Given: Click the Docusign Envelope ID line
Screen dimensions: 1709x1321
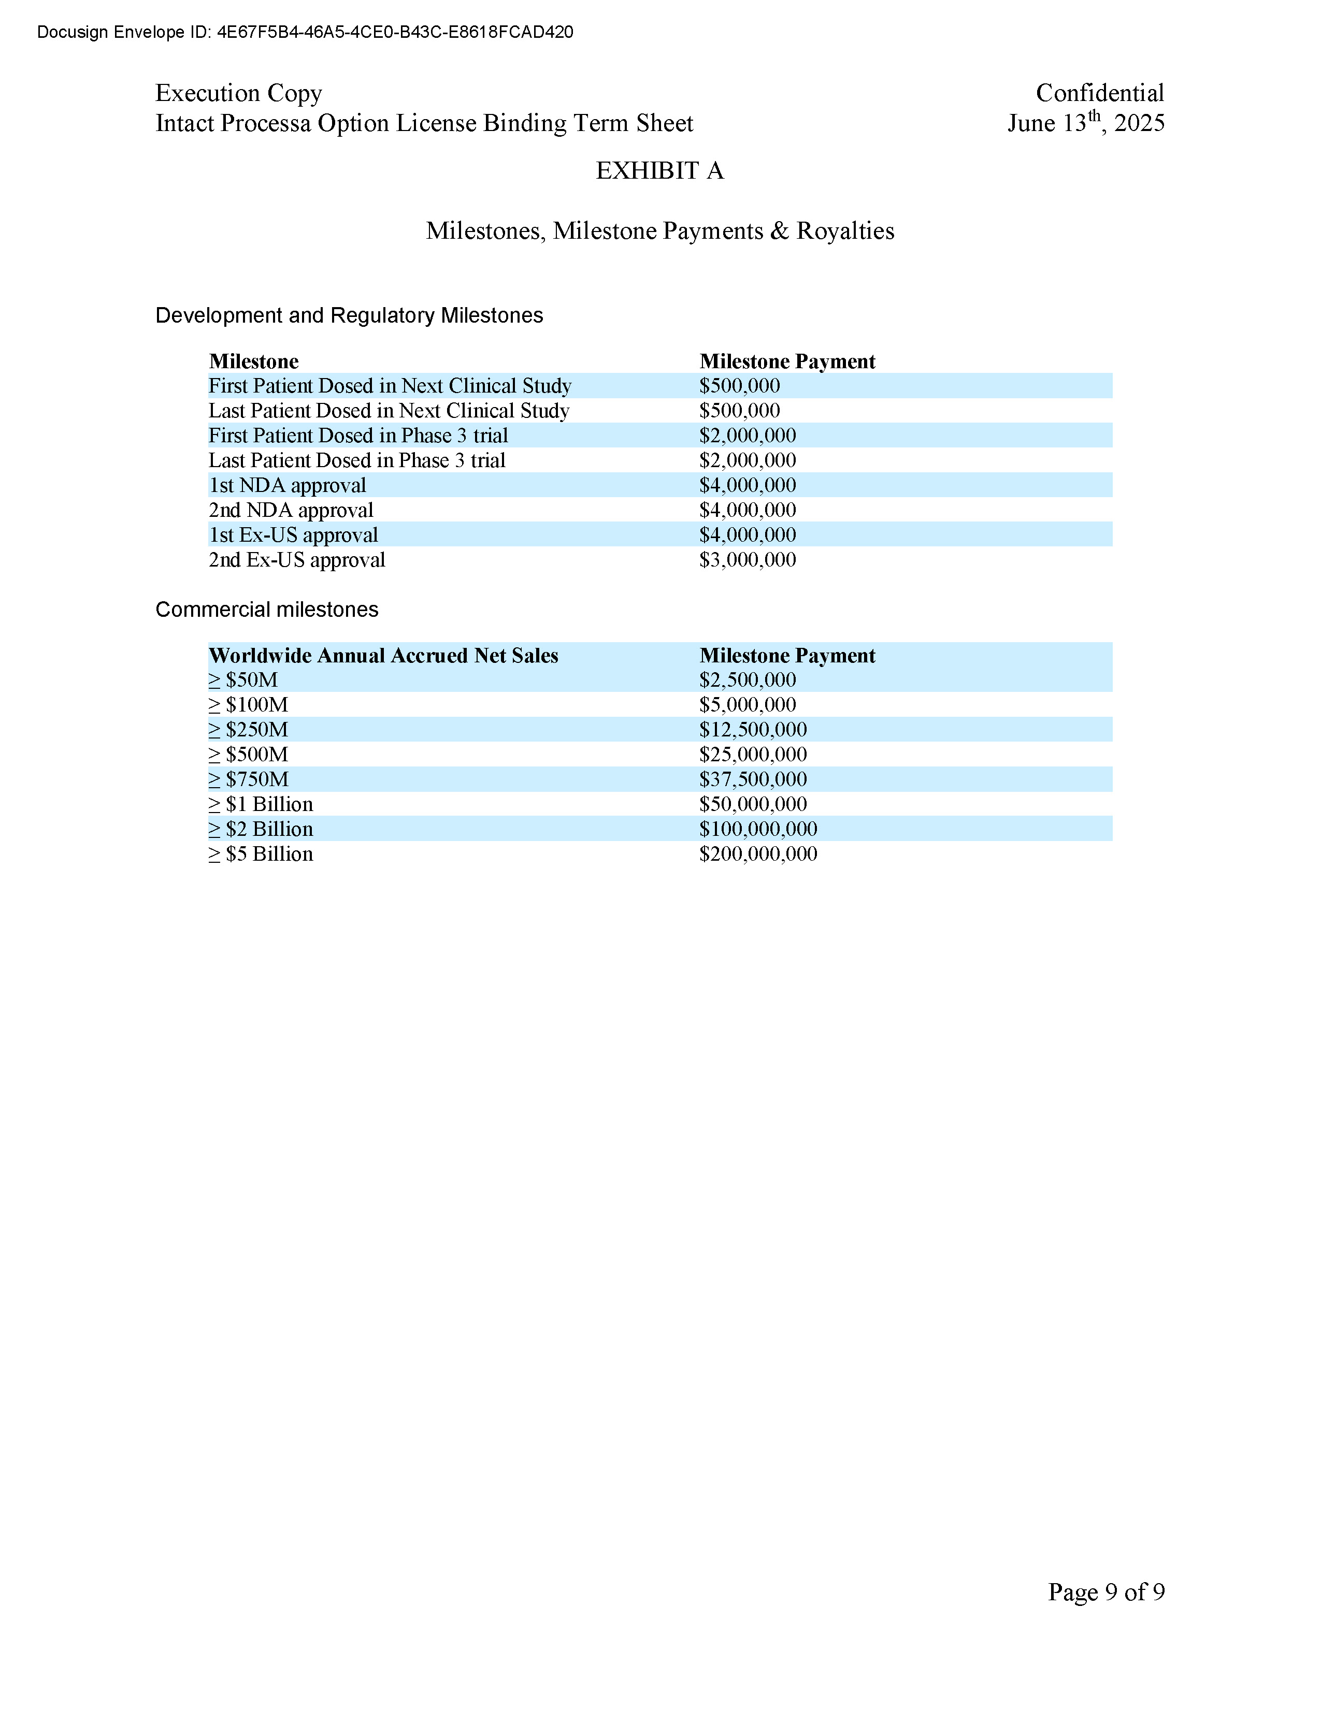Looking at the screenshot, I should pyautogui.click(x=305, y=32).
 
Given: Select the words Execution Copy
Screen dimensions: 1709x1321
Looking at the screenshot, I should pyautogui.click(x=239, y=93).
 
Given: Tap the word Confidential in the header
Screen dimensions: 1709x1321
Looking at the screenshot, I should pyautogui.click(x=1099, y=93).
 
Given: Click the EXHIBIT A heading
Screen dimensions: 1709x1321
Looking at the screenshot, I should pyautogui.click(x=659, y=170).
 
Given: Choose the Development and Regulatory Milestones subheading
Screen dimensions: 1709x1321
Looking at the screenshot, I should pyautogui.click(x=349, y=315).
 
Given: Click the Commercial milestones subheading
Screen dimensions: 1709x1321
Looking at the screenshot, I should pyautogui.click(x=267, y=610).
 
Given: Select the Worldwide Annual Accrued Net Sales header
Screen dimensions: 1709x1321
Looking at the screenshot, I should pyautogui.click(x=383, y=656).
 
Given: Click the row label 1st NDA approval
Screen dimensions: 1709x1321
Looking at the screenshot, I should pyautogui.click(x=287, y=485).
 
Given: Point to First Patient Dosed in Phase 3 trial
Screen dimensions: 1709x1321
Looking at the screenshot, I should pyautogui.click(x=357, y=436).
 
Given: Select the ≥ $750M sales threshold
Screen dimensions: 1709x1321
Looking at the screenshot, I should pyautogui.click(x=249, y=779).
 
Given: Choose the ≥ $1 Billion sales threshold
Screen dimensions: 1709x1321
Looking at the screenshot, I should pyautogui.click(x=261, y=804).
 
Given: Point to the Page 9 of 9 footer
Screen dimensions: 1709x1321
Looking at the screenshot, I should pyautogui.click(x=1106, y=1591).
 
